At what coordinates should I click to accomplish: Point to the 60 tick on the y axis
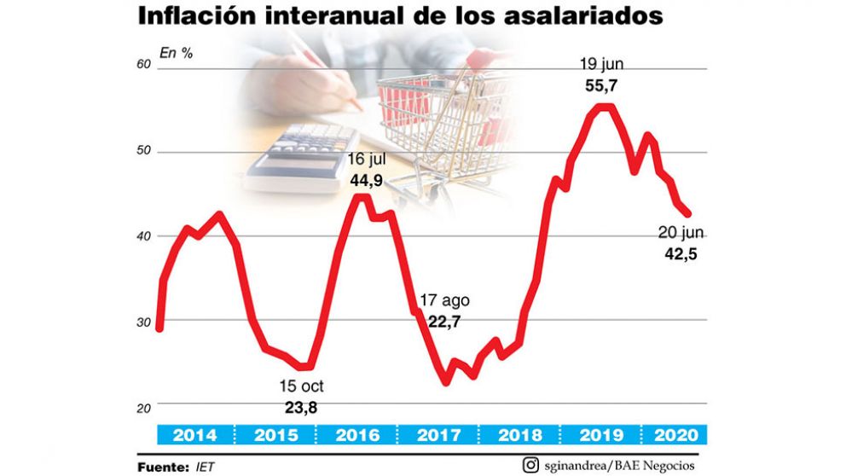click(x=143, y=66)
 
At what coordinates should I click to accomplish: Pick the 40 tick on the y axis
click(x=143, y=236)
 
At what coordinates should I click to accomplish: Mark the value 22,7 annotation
click(x=443, y=322)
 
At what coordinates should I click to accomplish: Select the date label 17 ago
click(x=444, y=301)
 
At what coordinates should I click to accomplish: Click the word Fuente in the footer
click(x=163, y=466)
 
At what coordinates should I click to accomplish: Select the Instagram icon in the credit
click(x=531, y=465)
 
